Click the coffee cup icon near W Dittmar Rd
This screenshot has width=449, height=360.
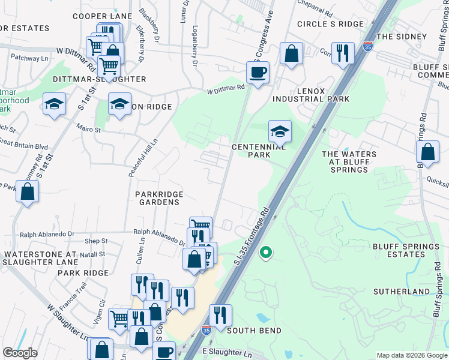[258, 73]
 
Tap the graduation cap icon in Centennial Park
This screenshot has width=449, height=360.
[280, 131]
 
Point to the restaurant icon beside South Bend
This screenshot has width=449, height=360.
[220, 315]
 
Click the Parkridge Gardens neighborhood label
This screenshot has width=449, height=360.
[157, 199]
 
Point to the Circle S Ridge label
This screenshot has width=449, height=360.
[330, 24]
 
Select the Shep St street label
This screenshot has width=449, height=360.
[96, 241]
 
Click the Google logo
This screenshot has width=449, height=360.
[20, 353]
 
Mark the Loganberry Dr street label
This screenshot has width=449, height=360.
[195, 45]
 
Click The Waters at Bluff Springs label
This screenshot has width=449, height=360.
[349, 162]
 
